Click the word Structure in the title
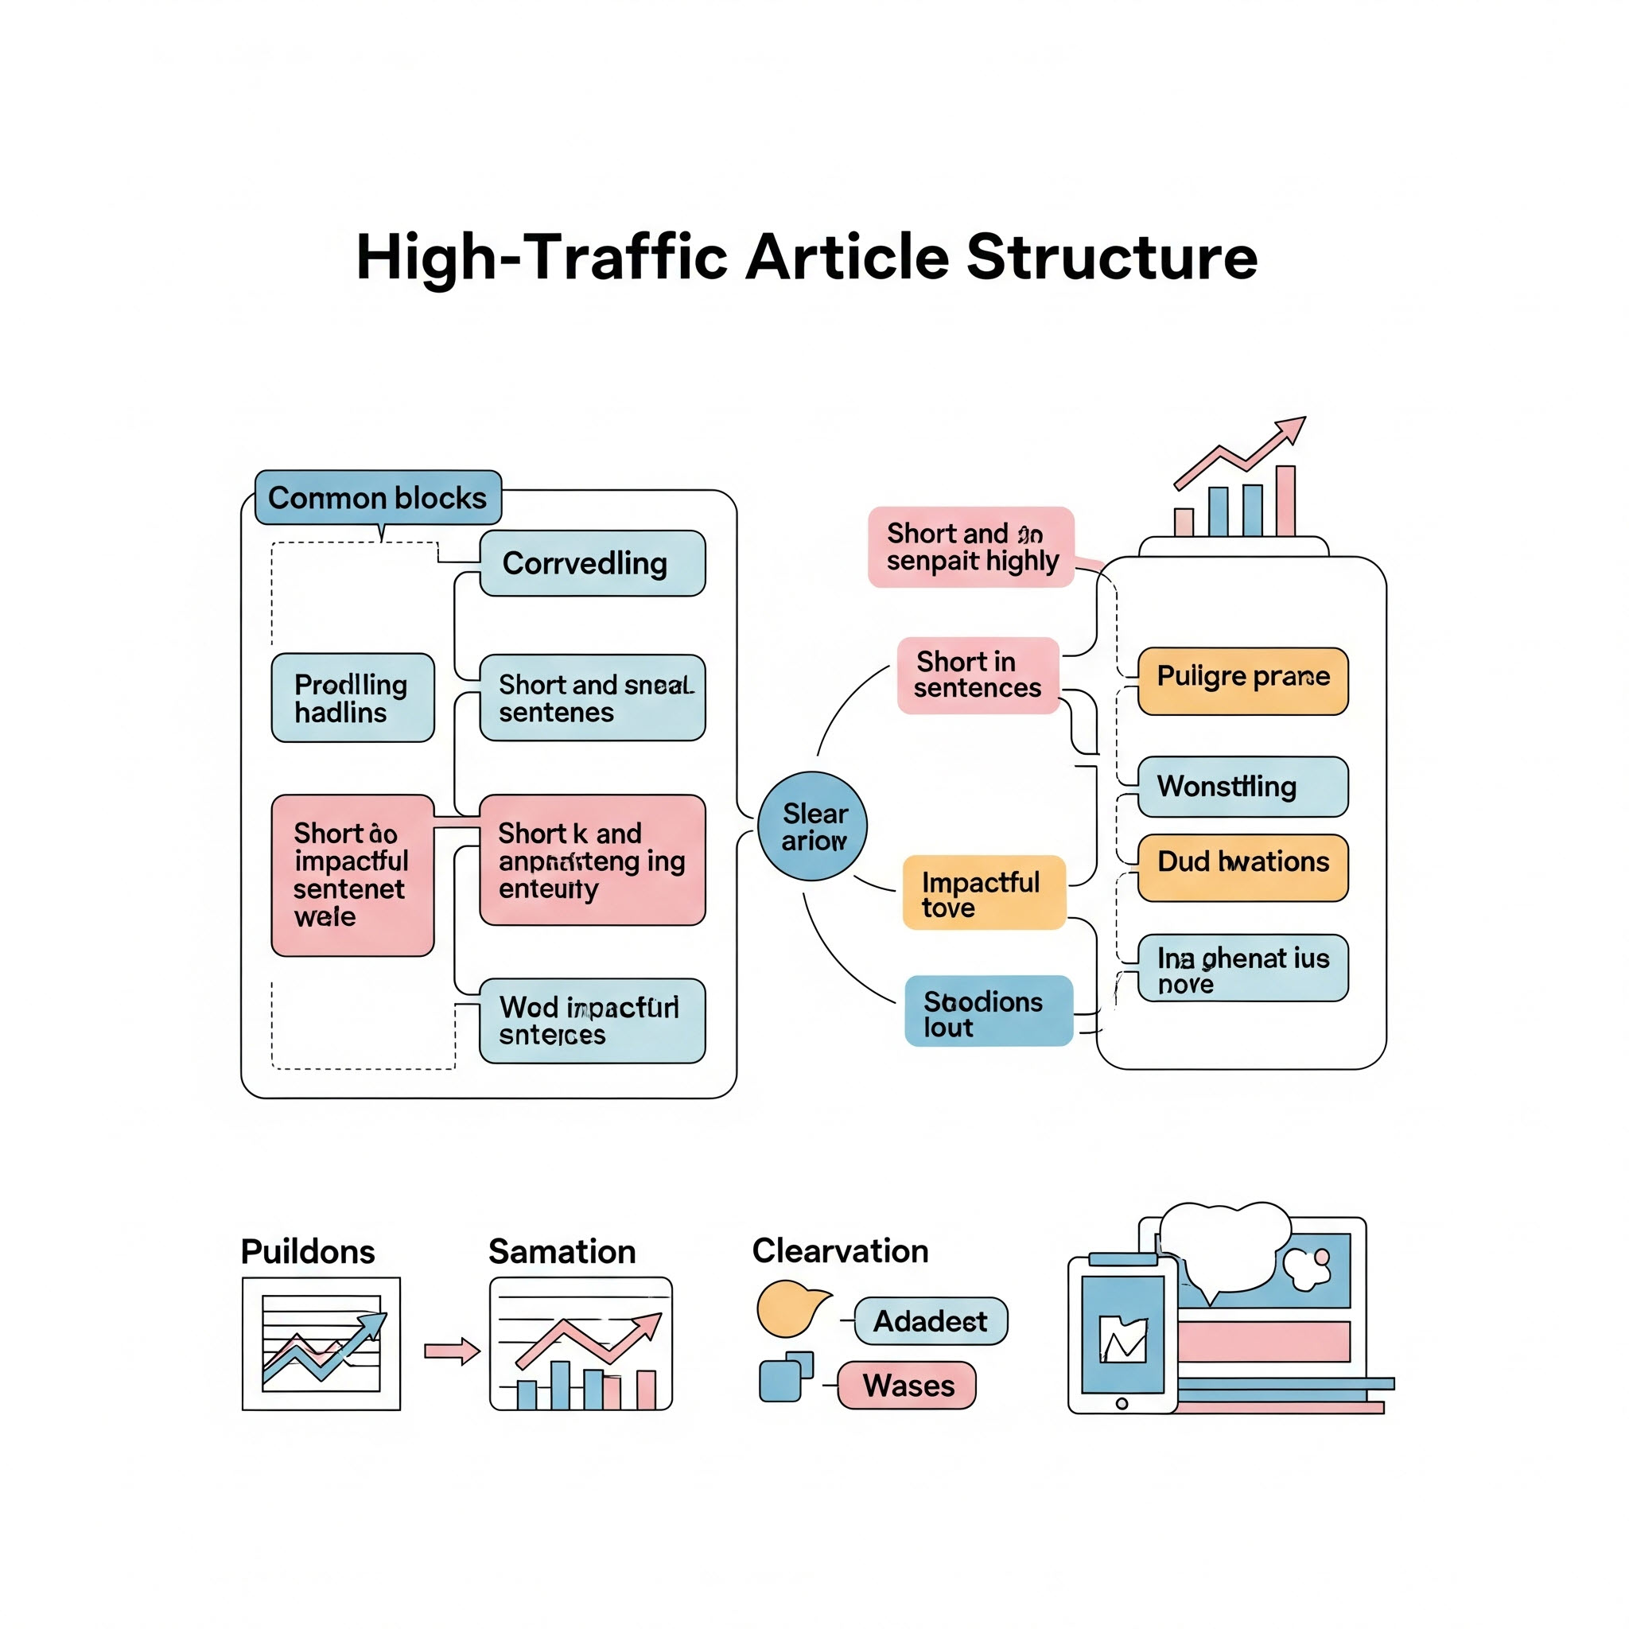[x=1111, y=257]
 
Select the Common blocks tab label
[x=378, y=497]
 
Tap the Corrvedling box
[x=592, y=563]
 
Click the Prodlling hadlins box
[x=352, y=698]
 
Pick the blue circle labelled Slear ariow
[x=813, y=826]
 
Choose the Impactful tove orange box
[x=983, y=894]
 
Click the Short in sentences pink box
[x=978, y=675]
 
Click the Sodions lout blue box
[x=988, y=1011]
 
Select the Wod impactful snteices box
[x=592, y=1021]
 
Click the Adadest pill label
[x=930, y=1321]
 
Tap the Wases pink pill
[x=907, y=1386]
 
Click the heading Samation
[x=562, y=1252]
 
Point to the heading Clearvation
[x=840, y=1251]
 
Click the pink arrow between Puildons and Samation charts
[x=451, y=1351]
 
